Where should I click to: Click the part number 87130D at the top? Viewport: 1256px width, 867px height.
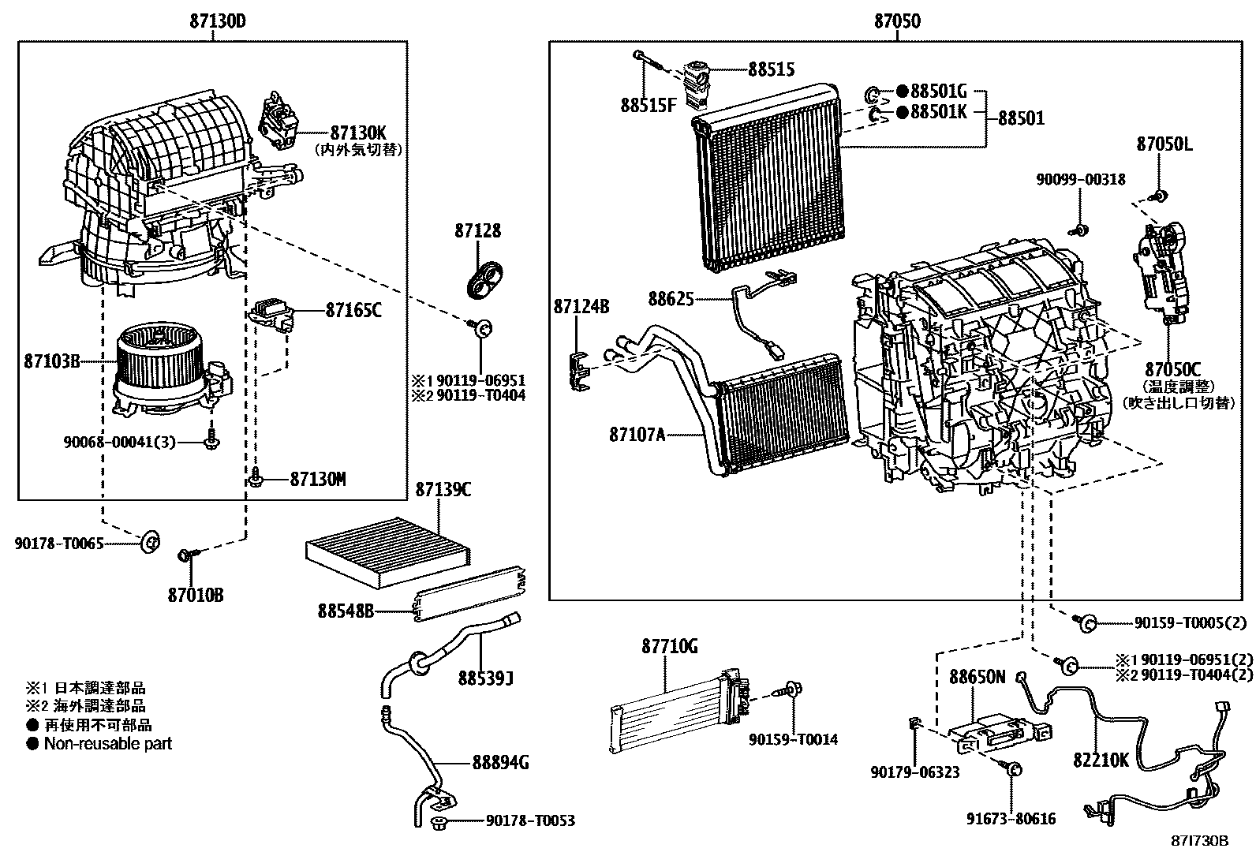point(218,21)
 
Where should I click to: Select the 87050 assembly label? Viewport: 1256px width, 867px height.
point(897,21)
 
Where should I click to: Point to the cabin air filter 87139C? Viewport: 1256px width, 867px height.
point(388,551)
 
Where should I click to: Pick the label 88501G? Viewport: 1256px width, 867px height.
point(939,91)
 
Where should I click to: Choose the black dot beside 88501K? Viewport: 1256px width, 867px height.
point(903,112)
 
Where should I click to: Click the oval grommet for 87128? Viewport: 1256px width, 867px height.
point(484,279)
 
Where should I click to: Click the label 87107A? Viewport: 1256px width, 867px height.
point(637,435)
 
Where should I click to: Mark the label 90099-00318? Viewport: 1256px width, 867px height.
point(1081,179)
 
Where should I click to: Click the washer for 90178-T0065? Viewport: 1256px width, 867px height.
point(150,541)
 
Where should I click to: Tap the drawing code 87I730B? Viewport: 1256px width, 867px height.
point(1199,841)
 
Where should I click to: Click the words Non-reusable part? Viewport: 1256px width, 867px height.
point(107,744)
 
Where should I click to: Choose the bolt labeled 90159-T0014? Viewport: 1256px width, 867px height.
point(787,689)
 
